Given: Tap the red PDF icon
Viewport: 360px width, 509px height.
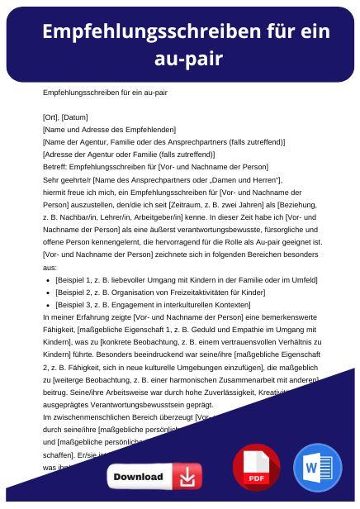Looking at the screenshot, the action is pos(256,468).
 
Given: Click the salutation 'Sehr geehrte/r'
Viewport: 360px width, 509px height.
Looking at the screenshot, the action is pos(67,179).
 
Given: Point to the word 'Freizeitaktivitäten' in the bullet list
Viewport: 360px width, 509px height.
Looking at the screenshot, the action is pos(192,293).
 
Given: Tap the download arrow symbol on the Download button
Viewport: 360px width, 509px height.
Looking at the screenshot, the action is pos(188,478).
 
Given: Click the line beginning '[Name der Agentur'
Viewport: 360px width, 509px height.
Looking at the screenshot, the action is pos(152,141).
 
